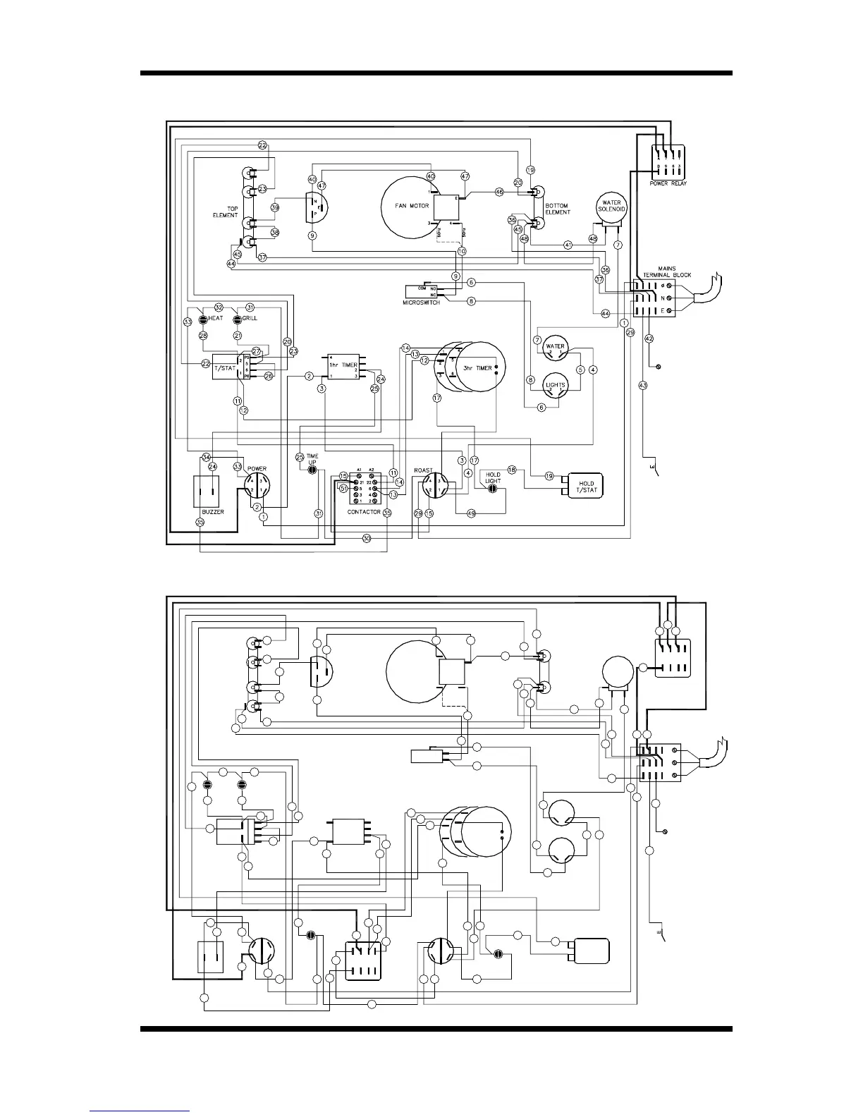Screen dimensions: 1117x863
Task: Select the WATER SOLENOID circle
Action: coord(611,206)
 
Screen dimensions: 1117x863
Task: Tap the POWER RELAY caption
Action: coord(668,183)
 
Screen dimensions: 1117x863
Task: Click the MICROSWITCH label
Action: coord(422,302)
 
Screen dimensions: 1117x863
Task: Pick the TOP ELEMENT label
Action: coord(226,212)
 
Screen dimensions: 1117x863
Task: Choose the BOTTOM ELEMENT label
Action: coord(556,209)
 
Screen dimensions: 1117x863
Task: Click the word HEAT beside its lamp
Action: coord(215,318)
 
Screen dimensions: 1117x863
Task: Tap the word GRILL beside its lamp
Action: coord(250,318)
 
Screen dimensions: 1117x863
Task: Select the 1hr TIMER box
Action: coord(343,366)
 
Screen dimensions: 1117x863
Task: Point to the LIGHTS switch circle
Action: coord(556,385)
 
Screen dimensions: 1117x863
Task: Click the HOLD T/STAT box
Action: coord(585,487)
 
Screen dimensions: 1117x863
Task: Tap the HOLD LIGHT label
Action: coord(493,477)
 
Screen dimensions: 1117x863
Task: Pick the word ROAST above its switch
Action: coord(423,470)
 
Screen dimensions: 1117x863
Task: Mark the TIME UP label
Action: coord(312,459)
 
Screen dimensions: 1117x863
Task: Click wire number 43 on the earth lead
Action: coord(642,385)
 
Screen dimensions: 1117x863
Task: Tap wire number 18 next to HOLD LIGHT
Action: coord(512,470)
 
